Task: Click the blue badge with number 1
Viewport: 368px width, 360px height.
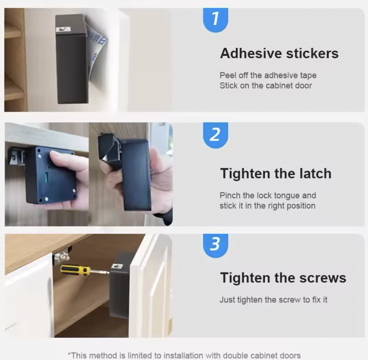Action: (215, 20)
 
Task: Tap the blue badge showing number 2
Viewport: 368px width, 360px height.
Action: (215, 135)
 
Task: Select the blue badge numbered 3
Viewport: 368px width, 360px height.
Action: (215, 246)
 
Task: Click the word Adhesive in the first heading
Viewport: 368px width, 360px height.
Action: (251, 53)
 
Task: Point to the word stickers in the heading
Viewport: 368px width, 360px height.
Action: (312, 53)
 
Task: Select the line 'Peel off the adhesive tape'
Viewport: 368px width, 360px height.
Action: (268, 75)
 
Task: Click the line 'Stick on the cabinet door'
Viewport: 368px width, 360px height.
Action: (266, 86)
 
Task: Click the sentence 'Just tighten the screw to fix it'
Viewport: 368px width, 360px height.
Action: (274, 299)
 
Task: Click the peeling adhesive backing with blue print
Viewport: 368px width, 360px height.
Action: (97, 52)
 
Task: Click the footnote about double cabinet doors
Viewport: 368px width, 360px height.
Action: (184, 355)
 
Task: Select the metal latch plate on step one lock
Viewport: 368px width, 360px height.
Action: (63, 30)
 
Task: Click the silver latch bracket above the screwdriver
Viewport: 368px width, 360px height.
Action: (61, 257)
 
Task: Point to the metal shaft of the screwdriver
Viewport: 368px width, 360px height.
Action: (99, 272)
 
